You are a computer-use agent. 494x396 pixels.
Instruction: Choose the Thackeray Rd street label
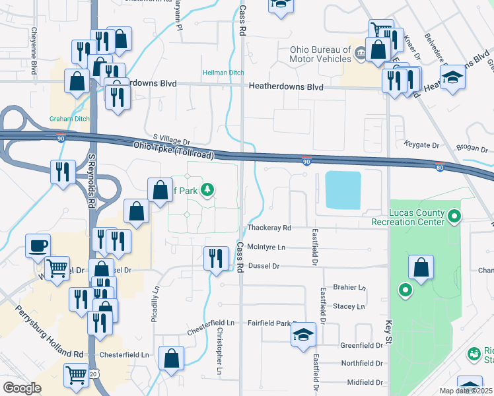(x=269, y=228)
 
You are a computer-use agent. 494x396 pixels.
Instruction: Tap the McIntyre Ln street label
(x=266, y=247)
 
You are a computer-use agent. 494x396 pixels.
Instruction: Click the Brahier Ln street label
(x=349, y=288)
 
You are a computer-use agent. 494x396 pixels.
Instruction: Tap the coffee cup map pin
(x=38, y=246)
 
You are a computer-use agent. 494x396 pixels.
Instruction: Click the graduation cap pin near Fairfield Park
(x=304, y=335)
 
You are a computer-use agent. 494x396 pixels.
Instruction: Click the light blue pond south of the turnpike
(x=343, y=189)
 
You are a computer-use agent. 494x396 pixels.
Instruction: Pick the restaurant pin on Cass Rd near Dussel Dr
(x=217, y=258)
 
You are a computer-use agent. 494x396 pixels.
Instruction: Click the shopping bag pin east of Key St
(x=421, y=267)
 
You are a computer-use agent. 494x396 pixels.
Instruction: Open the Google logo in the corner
(x=22, y=387)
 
